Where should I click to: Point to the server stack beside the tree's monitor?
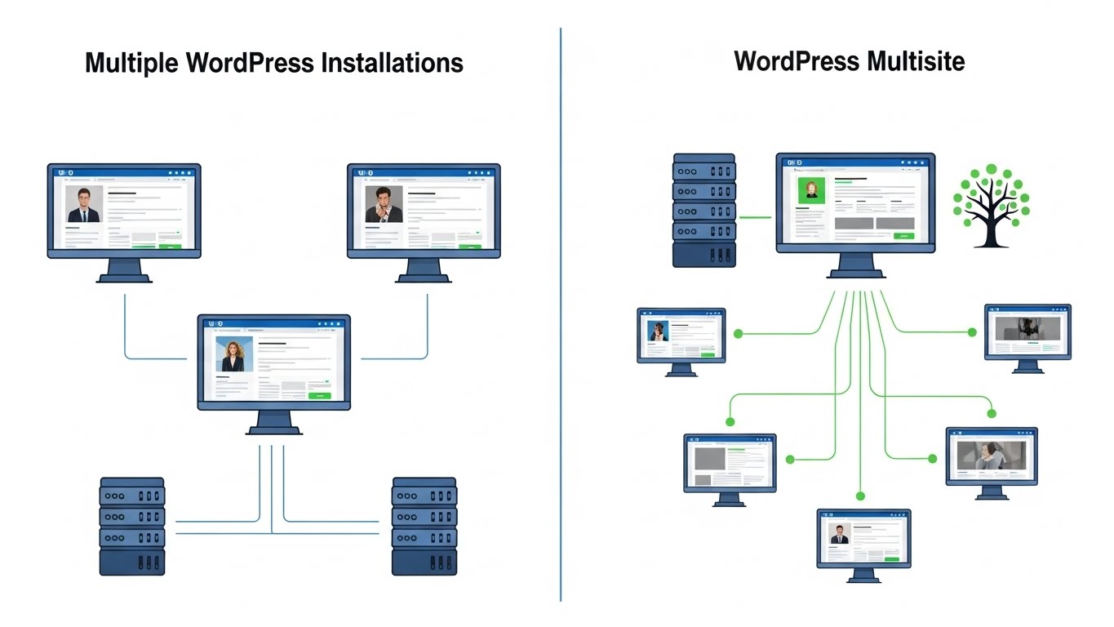703,210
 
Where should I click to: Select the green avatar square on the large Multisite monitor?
812,190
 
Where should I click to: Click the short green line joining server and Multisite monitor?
755,217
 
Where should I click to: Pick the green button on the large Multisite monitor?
903,235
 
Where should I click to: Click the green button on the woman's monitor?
319,395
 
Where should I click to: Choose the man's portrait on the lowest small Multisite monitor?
839,534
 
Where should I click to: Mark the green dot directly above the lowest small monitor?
859,496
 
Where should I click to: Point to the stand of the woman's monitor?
273,423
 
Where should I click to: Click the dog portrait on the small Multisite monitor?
658,331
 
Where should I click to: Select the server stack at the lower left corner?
131,527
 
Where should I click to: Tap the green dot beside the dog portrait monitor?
738,333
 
